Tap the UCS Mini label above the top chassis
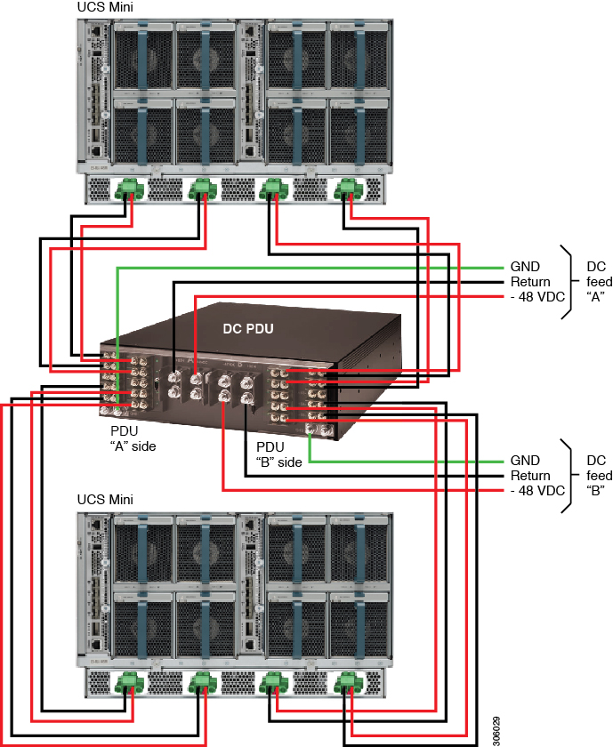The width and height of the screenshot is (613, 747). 106,7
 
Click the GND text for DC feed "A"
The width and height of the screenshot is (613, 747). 525,267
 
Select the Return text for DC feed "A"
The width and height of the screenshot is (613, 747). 531,282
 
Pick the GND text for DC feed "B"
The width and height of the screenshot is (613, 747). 525,461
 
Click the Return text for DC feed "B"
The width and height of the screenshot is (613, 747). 531,476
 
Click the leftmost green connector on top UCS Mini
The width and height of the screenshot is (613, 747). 130,189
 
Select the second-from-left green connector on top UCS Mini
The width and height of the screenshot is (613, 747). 203,189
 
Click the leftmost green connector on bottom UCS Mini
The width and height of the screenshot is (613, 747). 130,683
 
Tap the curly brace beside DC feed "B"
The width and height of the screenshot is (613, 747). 567,476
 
